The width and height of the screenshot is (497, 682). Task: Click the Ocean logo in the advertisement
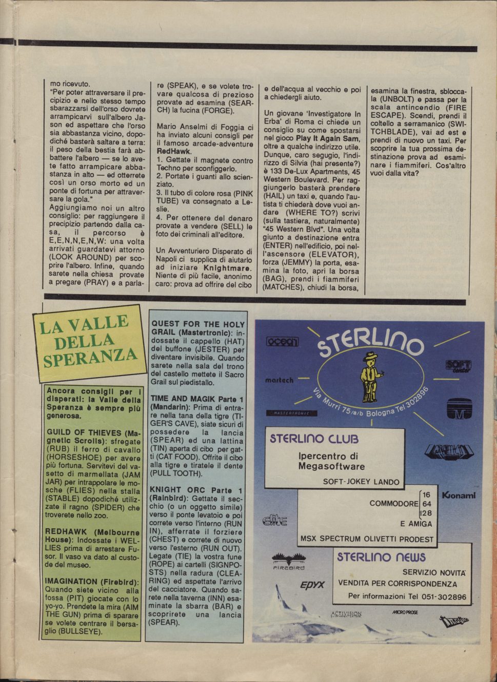[282, 341]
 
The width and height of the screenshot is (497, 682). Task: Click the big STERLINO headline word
[370, 343]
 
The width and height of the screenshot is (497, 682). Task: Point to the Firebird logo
[288, 561]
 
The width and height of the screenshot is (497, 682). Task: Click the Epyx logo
[312, 585]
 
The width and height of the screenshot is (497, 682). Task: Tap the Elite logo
[274, 521]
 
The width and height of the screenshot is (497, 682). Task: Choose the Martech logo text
[279, 380]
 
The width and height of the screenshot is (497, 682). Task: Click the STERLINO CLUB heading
[314, 439]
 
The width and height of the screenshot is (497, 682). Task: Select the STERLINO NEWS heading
[381, 557]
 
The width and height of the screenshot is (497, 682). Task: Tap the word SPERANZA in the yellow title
[90, 356]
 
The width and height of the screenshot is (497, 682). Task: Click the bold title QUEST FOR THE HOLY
[198, 324]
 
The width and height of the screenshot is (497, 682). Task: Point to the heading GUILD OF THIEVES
[84, 432]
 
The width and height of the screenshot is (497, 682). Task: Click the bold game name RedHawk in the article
[171, 152]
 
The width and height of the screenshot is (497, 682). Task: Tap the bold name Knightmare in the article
[227, 267]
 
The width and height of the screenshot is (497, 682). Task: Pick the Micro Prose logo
[405, 612]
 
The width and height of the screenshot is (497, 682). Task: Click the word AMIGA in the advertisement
[419, 524]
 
